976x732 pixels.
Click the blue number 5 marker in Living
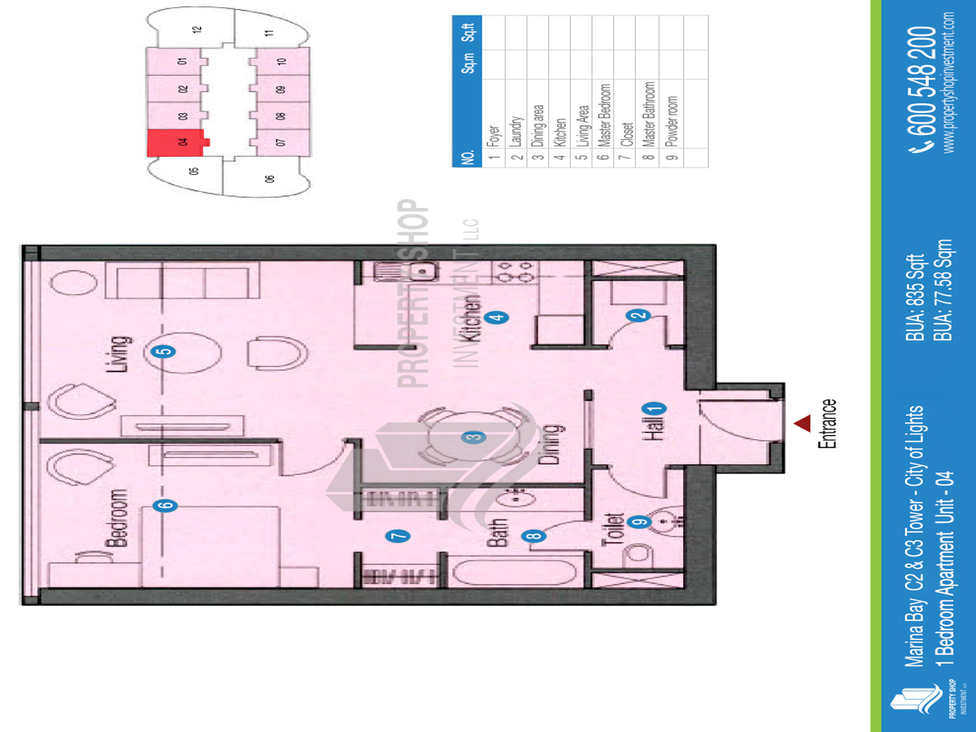click(164, 352)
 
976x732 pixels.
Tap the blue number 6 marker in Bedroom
click(167, 505)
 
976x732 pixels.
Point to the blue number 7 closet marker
click(398, 536)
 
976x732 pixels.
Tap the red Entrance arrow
click(803, 423)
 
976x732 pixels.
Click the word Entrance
click(828, 423)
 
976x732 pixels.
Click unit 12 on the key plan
click(196, 30)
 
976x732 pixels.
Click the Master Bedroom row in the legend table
click(603, 115)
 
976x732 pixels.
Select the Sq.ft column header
click(468, 33)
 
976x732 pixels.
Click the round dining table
click(472, 437)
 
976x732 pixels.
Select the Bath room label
click(499, 532)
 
